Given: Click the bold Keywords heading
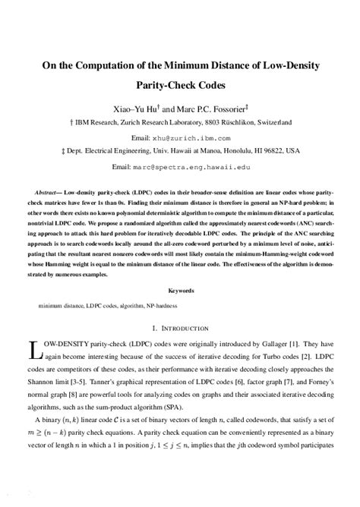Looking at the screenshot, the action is [x=179, y=291].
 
